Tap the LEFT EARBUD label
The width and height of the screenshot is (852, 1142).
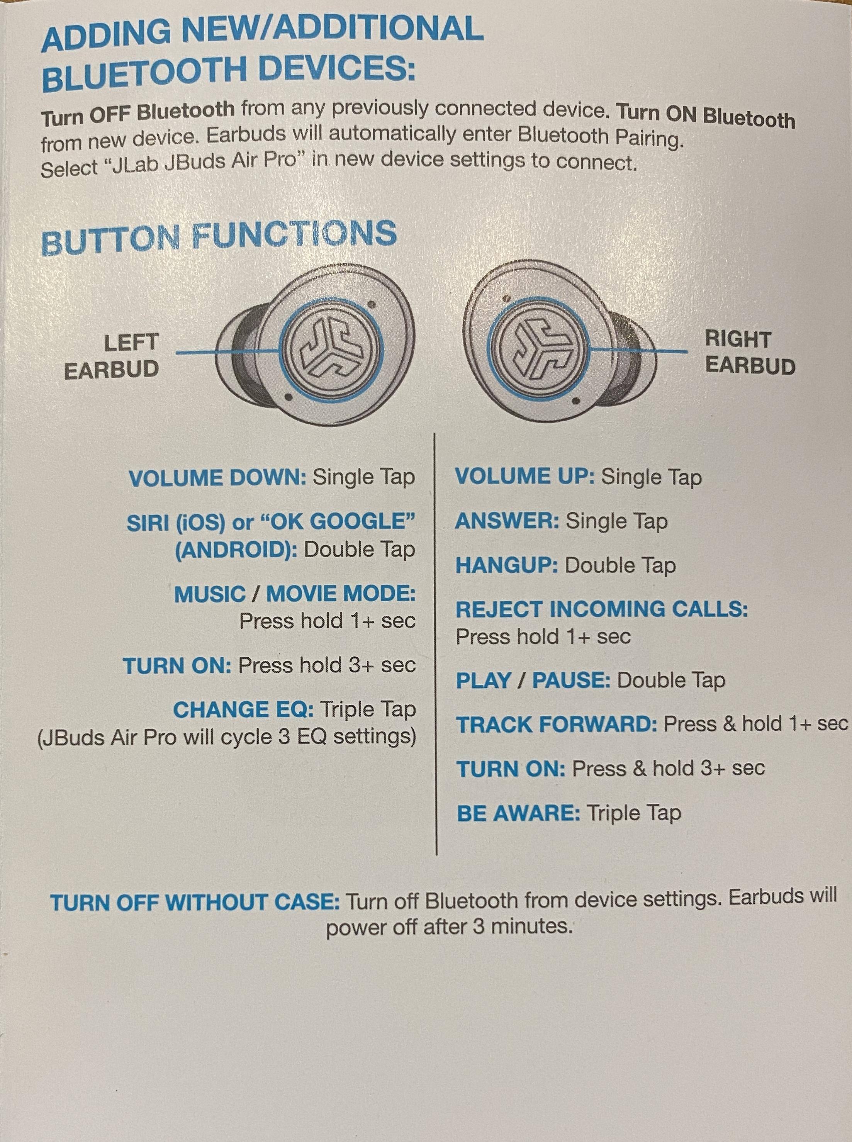pyautogui.click(x=111, y=356)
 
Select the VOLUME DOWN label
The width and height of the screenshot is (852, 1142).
pyautogui.click(x=218, y=479)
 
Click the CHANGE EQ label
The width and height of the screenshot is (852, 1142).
pyautogui.click(x=243, y=710)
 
